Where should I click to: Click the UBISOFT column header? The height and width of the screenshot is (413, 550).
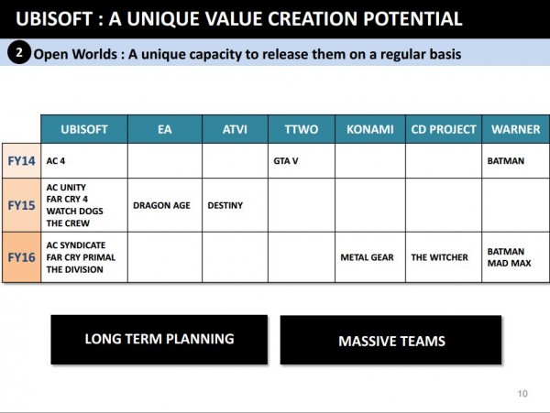[83, 129]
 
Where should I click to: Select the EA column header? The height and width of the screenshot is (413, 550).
[164, 129]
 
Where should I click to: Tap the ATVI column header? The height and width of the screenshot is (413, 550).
[235, 129]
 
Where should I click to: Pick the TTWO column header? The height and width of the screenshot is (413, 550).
[301, 129]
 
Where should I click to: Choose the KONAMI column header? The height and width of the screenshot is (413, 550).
[369, 129]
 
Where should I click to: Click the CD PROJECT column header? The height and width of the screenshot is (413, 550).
[443, 129]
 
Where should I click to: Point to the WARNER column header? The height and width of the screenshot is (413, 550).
[515, 129]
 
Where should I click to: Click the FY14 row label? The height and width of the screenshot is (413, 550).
[21, 160]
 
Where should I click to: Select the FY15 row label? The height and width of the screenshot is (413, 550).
[21, 205]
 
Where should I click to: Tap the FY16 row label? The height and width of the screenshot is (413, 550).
[21, 257]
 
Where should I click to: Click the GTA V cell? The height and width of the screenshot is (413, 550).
[287, 161]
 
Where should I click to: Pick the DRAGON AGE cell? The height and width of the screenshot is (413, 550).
[161, 205]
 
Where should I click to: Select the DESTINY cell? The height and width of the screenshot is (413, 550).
[225, 205]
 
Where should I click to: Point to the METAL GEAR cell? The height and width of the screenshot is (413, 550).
[367, 257]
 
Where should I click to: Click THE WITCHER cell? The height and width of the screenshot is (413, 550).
[439, 257]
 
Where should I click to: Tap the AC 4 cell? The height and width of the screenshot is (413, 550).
[57, 161]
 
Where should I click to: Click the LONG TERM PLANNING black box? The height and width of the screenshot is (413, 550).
[159, 339]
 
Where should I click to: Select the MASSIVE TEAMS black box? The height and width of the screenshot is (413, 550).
[390, 341]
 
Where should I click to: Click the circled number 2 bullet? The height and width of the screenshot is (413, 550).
[19, 52]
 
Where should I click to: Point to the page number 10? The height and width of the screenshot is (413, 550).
[522, 394]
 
